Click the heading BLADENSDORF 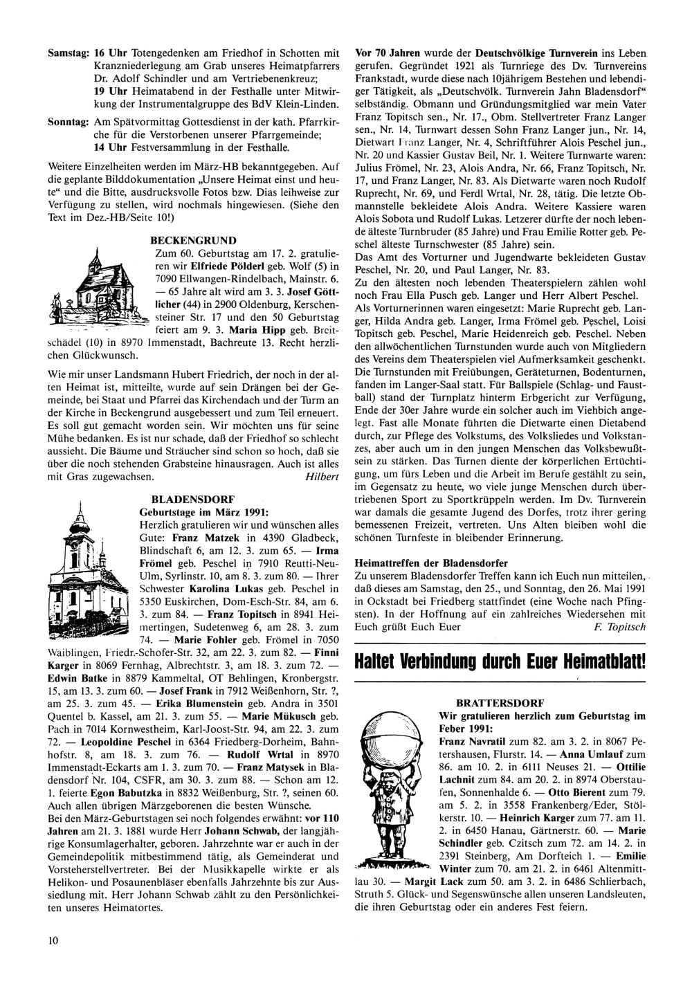pos(192,498)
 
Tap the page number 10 pos(53,940)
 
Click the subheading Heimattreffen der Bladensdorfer pos(430,562)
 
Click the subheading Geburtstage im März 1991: pos(204,511)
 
